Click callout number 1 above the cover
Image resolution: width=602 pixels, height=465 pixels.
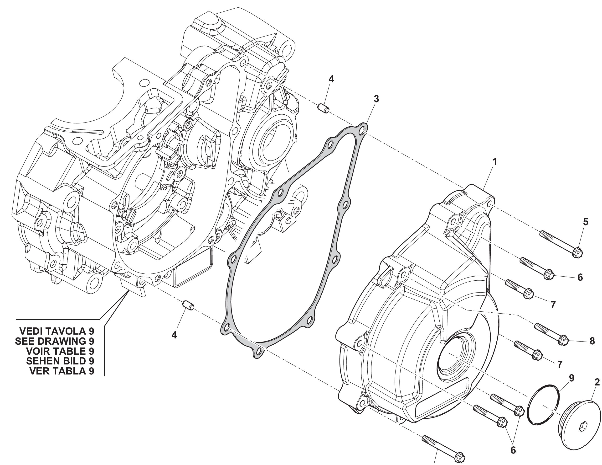pos(494,161)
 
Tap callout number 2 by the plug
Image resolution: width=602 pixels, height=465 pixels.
pos(597,382)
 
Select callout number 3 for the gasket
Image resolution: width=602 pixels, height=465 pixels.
pos(376,99)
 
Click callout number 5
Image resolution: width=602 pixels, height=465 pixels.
pos(586,222)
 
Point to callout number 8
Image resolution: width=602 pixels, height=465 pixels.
pos(592,341)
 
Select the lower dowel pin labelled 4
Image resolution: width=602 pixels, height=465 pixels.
pos(188,305)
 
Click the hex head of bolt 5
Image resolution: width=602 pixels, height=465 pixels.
pos(577,252)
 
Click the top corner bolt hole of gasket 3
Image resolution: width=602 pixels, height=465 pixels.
pos(363,129)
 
